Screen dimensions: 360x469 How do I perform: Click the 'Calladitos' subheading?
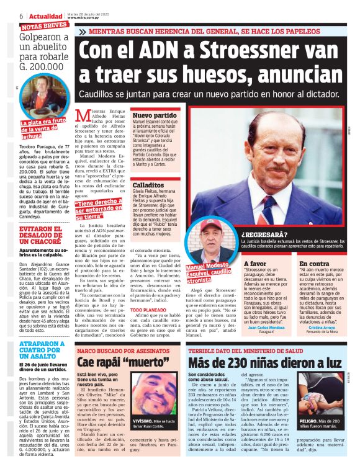point(148,185)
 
